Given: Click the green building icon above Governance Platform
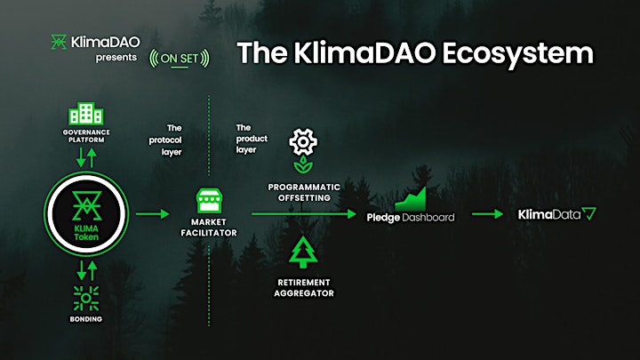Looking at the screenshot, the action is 85,113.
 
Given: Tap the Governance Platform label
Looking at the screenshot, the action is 86,136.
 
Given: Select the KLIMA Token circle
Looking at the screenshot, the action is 86,214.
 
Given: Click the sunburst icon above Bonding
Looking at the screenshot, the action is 85,298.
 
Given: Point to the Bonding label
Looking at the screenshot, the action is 85,319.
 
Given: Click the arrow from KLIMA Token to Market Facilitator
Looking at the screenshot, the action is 152,213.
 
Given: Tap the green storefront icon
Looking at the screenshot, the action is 209,200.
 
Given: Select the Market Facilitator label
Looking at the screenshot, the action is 209,228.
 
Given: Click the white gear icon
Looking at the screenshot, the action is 303,141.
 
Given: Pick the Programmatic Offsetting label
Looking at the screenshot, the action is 304,192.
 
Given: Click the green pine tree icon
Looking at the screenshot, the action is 303,252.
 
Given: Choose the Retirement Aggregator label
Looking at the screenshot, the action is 304,288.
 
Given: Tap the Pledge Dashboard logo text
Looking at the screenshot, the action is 410,218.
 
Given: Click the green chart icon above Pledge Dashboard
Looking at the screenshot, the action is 411,199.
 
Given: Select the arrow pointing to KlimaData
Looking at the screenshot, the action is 487,214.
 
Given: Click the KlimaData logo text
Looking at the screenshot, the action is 549,214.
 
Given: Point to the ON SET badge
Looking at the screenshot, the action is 180,59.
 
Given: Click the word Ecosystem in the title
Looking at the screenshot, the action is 517,53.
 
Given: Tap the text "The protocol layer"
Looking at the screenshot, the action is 165,140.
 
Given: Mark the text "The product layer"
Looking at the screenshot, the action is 252,139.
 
